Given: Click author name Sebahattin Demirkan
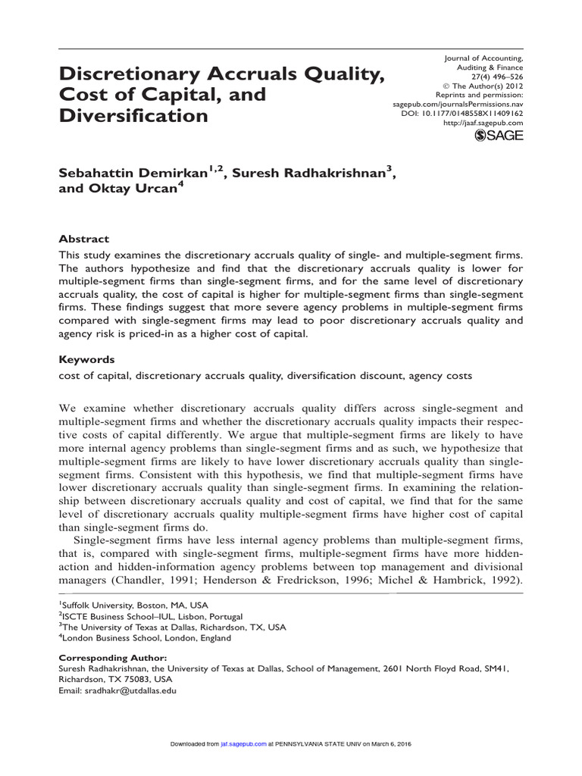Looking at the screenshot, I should [x=130, y=173].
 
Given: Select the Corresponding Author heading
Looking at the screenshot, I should [x=112, y=658].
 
